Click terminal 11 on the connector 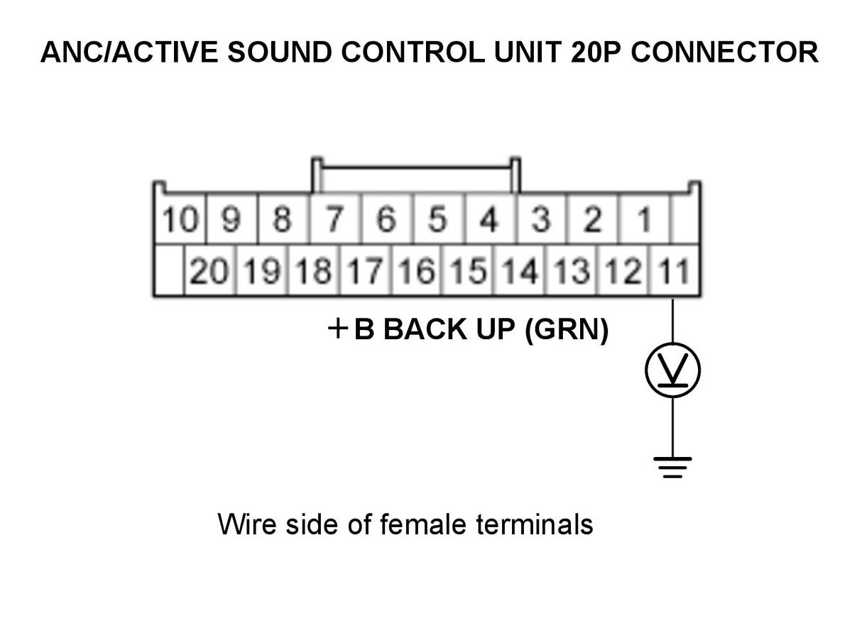(674, 270)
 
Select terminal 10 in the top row (180, 219)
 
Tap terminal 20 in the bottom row (210, 270)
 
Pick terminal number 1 (643, 219)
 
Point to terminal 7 (335, 219)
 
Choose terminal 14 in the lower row (520, 270)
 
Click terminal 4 (490, 219)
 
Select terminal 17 (366, 270)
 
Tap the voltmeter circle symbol (672, 370)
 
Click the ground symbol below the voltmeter (672, 467)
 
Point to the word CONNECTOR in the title (724, 52)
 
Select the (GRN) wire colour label (567, 329)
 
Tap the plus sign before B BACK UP (338, 329)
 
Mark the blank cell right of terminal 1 (684, 219)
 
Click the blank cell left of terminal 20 (169, 270)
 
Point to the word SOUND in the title (280, 52)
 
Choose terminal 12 (623, 270)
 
